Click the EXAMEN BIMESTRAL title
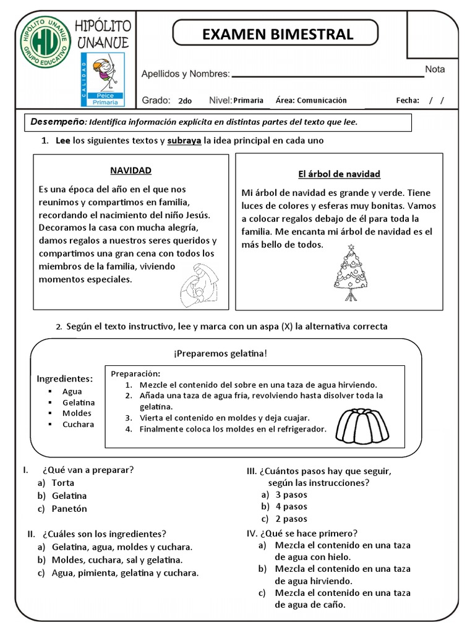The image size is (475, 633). [278, 34]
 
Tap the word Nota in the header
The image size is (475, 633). [435, 69]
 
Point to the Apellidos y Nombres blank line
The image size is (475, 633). [328, 76]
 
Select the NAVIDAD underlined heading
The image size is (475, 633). [131, 170]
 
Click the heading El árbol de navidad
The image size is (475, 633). [339, 174]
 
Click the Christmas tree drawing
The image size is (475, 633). [351, 273]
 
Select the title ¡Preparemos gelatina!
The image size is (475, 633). [221, 353]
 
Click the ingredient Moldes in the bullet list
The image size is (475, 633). [77, 413]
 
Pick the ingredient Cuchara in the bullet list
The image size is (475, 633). [78, 424]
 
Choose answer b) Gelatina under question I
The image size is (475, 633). [69, 496]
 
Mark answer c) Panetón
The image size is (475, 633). [69, 509]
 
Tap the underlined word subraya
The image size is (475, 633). [184, 140]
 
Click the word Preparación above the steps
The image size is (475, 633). [135, 373]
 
